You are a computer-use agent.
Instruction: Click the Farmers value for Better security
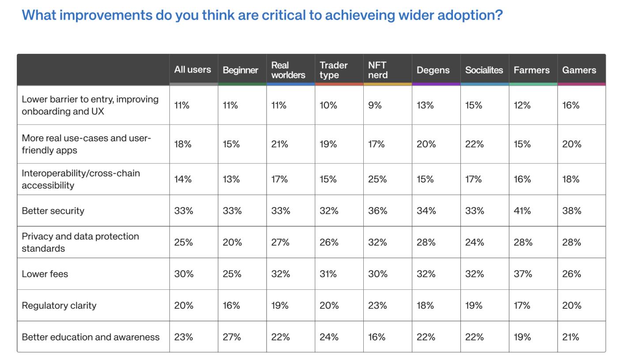pos(522,211)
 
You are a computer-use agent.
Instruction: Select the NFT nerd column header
pos(377,70)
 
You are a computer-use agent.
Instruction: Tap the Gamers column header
pos(579,70)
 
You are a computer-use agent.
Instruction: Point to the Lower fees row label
pos(45,274)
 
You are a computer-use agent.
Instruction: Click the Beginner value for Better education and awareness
pos(232,337)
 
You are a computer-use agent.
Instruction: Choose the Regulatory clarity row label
pos(59,305)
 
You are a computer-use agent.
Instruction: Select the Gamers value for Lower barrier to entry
pos(571,105)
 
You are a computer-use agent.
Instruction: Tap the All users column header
pos(192,69)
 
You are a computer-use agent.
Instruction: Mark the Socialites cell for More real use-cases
pos(475,144)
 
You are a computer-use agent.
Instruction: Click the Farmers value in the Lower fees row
pos(523,274)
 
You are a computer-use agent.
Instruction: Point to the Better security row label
pos(53,211)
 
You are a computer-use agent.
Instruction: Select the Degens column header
pos(433,70)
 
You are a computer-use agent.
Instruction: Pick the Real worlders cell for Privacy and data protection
pos(280,242)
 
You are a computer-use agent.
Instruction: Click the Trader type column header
pos(334,70)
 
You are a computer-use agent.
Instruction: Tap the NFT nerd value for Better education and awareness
pos(377,337)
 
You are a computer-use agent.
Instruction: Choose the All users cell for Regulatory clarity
pos(184,305)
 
